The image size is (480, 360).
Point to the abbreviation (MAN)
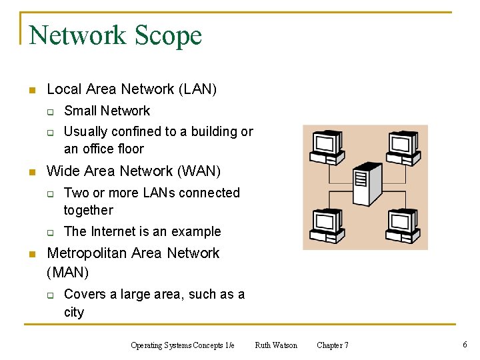point(68,272)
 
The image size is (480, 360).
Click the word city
point(74,312)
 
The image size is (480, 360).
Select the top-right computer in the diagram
point(403,144)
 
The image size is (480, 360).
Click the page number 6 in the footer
point(464,345)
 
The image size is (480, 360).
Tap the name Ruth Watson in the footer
point(276,345)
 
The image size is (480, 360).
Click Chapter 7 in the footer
point(332,345)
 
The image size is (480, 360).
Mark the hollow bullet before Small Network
point(49,112)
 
